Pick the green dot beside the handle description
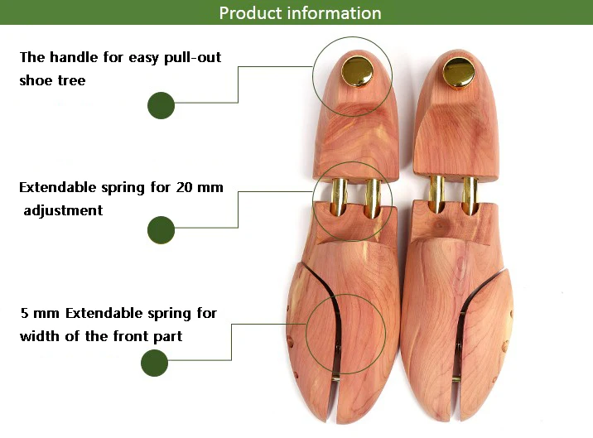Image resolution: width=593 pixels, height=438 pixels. pyautogui.click(x=161, y=105)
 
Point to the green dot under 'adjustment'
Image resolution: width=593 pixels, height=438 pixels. pyautogui.click(x=161, y=230)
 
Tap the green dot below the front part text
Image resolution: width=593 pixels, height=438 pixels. pyautogui.click(x=155, y=363)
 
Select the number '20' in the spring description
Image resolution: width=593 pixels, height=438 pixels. pyautogui.click(x=186, y=187)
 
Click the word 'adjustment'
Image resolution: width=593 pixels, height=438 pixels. pyautogui.click(x=64, y=210)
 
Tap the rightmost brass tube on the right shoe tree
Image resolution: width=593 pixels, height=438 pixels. pyautogui.click(x=470, y=195)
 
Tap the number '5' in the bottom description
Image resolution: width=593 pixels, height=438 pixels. pyautogui.click(x=24, y=314)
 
